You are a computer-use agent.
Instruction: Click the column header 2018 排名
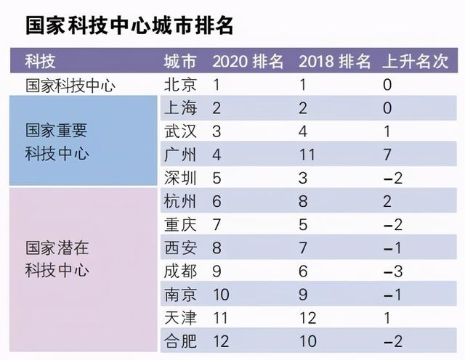(x=335, y=61)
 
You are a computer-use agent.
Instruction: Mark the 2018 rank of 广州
(x=307, y=155)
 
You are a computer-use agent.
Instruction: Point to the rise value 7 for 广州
(x=387, y=155)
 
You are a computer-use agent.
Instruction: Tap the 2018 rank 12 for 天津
(x=307, y=318)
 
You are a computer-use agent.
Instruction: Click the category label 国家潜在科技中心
(x=57, y=260)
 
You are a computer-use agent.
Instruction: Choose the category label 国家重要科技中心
(x=57, y=143)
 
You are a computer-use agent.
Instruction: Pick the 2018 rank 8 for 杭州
(x=303, y=202)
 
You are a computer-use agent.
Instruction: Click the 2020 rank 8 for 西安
(x=217, y=248)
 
